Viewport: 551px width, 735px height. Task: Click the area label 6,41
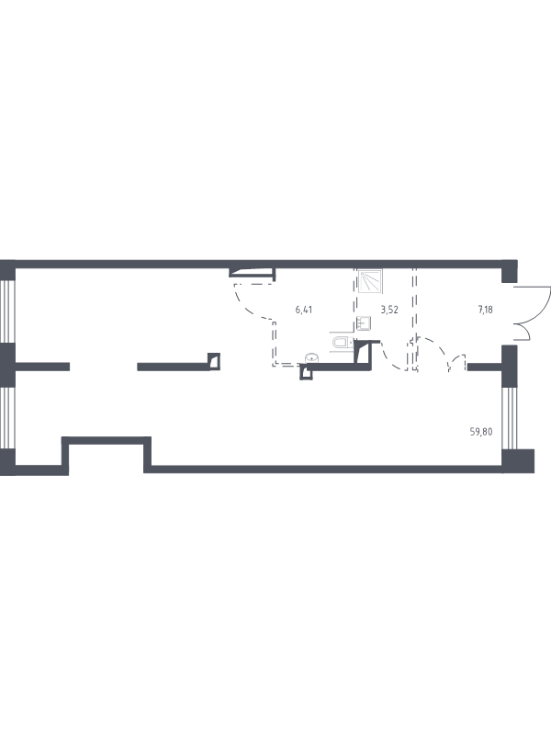click(304, 310)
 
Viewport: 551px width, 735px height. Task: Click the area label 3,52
click(389, 310)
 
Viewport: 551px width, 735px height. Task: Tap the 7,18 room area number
click(485, 310)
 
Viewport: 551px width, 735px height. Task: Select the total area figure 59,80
click(481, 432)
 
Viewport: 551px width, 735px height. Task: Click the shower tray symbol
click(370, 281)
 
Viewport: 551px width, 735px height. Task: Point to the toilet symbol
click(342, 342)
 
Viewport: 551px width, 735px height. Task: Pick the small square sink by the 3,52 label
click(364, 323)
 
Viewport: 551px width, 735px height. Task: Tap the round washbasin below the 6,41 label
click(312, 358)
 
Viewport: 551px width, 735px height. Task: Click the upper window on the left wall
click(7, 311)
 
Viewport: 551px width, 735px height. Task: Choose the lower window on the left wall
click(7, 418)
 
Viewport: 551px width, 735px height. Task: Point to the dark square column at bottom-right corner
click(518, 461)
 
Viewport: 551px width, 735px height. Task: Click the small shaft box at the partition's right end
click(214, 361)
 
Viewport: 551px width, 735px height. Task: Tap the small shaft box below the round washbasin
click(306, 372)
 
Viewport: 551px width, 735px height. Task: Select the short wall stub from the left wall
click(42, 367)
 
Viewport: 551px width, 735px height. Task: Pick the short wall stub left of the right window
click(485, 367)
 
